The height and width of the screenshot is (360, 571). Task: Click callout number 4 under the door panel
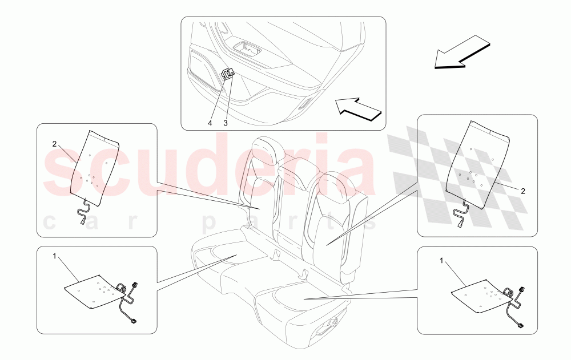210,123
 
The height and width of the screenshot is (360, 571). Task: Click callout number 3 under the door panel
226,123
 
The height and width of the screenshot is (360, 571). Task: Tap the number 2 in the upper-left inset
54,144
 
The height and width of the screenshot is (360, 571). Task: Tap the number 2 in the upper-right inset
522,191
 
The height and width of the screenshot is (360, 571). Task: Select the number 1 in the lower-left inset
55,256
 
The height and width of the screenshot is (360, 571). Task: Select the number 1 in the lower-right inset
441,260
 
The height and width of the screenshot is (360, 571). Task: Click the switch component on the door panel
228,74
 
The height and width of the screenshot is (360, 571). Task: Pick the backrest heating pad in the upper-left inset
94,163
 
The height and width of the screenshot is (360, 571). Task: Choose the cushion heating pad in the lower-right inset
480,296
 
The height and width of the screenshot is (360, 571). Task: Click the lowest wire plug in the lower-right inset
521,327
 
